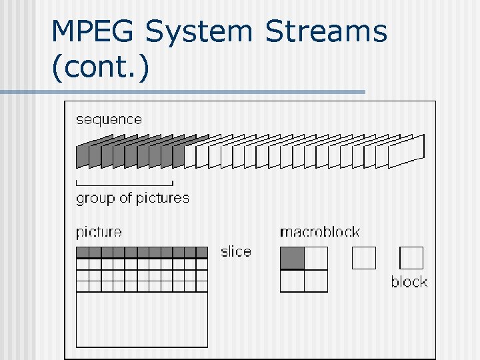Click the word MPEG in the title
click(x=93, y=31)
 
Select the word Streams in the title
click(x=326, y=31)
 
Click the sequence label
click(x=109, y=120)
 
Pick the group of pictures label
click(x=133, y=198)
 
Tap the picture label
click(x=99, y=232)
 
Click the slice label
click(x=236, y=251)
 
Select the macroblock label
click(x=319, y=232)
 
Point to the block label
click(x=409, y=282)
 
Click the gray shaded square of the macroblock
click(x=292, y=258)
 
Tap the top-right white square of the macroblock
click(x=316, y=258)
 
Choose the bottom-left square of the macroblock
click(x=292, y=281)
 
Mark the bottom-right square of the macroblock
click(x=316, y=281)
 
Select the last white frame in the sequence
click(x=406, y=151)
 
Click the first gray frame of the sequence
click(x=81, y=156)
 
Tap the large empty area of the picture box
click(x=141, y=319)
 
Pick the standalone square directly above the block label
click(x=411, y=258)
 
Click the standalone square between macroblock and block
click(x=364, y=258)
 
